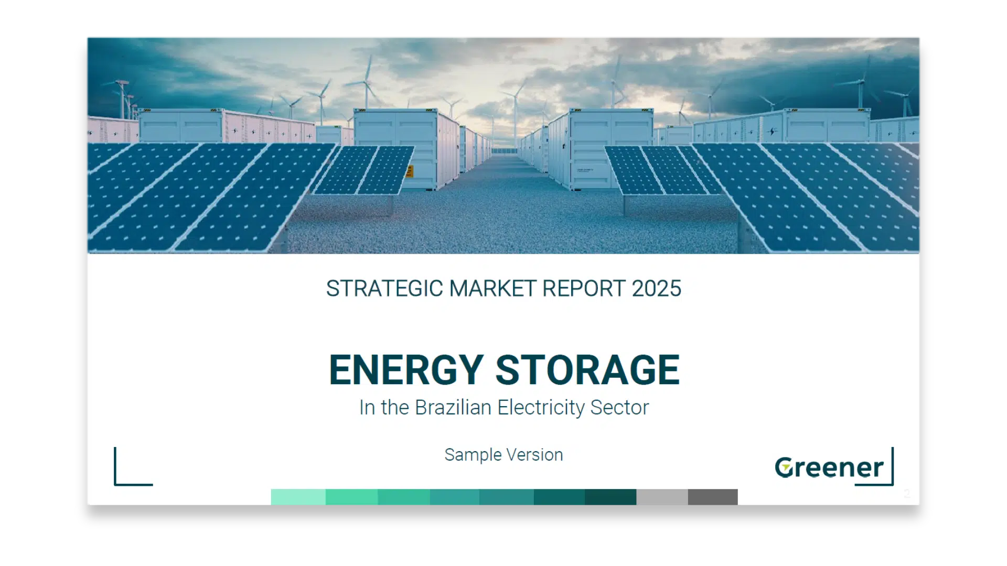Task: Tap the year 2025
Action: [x=656, y=289]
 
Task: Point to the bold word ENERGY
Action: [x=406, y=370]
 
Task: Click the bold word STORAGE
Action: [x=587, y=370]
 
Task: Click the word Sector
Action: [x=619, y=408]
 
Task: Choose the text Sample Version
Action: [x=504, y=455]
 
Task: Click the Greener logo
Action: [x=829, y=467]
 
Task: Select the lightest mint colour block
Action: [x=298, y=497]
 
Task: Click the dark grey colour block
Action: [x=713, y=497]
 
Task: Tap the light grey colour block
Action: [x=662, y=497]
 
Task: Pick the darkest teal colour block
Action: [x=610, y=497]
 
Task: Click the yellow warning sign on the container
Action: [x=410, y=171]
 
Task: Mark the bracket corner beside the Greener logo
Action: [x=892, y=484]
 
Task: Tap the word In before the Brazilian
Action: [x=367, y=408]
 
